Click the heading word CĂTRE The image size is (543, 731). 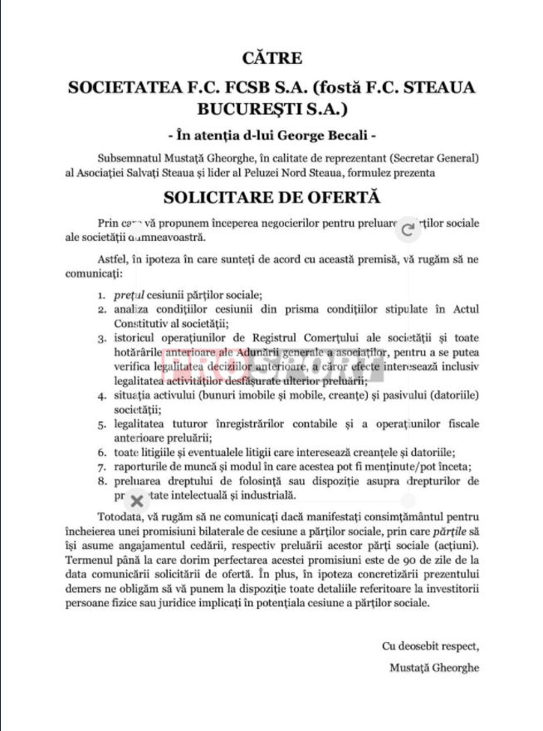click(271, 58)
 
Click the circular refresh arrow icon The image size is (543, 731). click(407, 229)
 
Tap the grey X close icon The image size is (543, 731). click(137, 500)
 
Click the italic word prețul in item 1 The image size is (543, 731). click(128, 295)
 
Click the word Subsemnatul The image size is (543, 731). click(130, 158)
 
